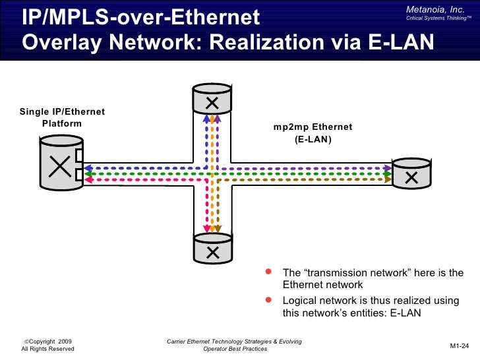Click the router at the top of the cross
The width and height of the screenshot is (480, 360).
click(x=212, y=100)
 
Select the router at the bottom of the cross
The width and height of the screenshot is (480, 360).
click(x=212, y=249)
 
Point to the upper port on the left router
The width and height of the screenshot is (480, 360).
click(x=78, y=156)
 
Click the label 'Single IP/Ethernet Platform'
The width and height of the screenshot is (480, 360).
click(x=61, y=117)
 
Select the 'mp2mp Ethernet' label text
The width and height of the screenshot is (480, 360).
click(x=313, y=127)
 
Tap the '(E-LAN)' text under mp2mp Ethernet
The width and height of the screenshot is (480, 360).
click(x=313, y=140)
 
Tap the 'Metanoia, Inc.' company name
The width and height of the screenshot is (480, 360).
click(x=435, y=7)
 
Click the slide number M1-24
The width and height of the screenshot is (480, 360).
click(x=459, y=345)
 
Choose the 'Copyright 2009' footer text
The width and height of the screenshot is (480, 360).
click(x=48, y=341)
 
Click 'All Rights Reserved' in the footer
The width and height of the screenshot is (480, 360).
click(x=48, y=349)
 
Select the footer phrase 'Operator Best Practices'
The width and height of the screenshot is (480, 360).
click(x=235, y=349)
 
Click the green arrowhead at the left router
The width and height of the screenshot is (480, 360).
click(x=87, y=173)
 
